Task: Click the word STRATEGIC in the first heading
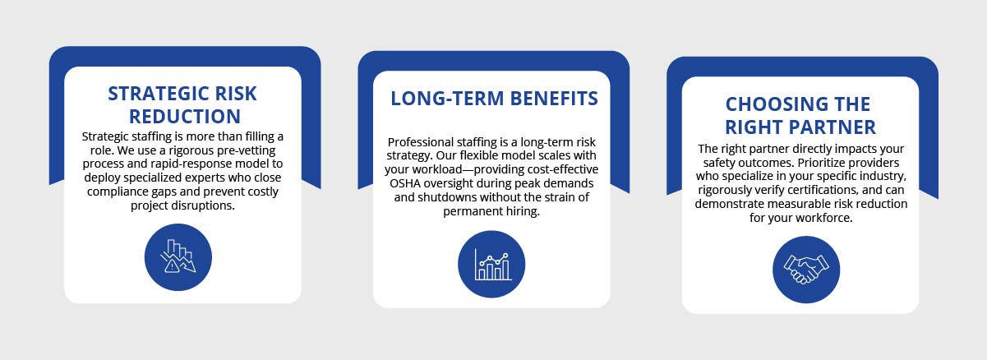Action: click(x=153, y=94)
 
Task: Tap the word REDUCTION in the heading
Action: click(x=185, y=117)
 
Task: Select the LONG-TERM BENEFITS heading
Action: click(x=494, y=99)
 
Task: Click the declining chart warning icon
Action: click(x=178, y=257)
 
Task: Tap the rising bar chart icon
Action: click(x=491, y=264)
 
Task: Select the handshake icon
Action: click(x=806, y=270)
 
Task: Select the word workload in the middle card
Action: click(x=437, y=169)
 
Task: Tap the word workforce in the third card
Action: click(x=823, y=218)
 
